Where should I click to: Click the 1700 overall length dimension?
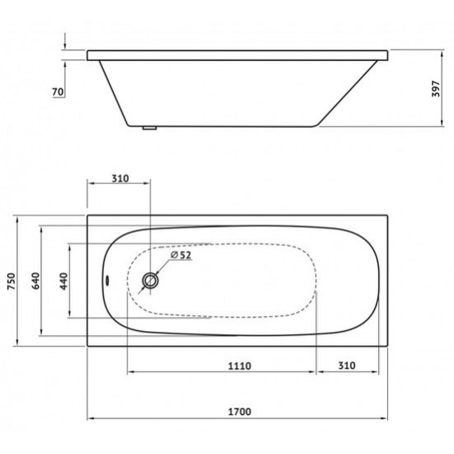click(x=239, y=411)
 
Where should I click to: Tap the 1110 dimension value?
click(x=239, y=366)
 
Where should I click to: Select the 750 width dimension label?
click(x=12, y=281)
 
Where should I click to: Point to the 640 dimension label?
click(x=35, y=281)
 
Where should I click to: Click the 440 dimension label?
click(x=64, y=281)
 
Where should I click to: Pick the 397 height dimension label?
click(x=436, y=89)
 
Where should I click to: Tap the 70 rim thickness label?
click(x=58, y=92)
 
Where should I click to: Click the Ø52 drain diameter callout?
click(x=182, y=255)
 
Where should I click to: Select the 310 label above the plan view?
click(x=121, y=178)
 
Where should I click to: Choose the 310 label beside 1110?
click(x=347, y=366)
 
